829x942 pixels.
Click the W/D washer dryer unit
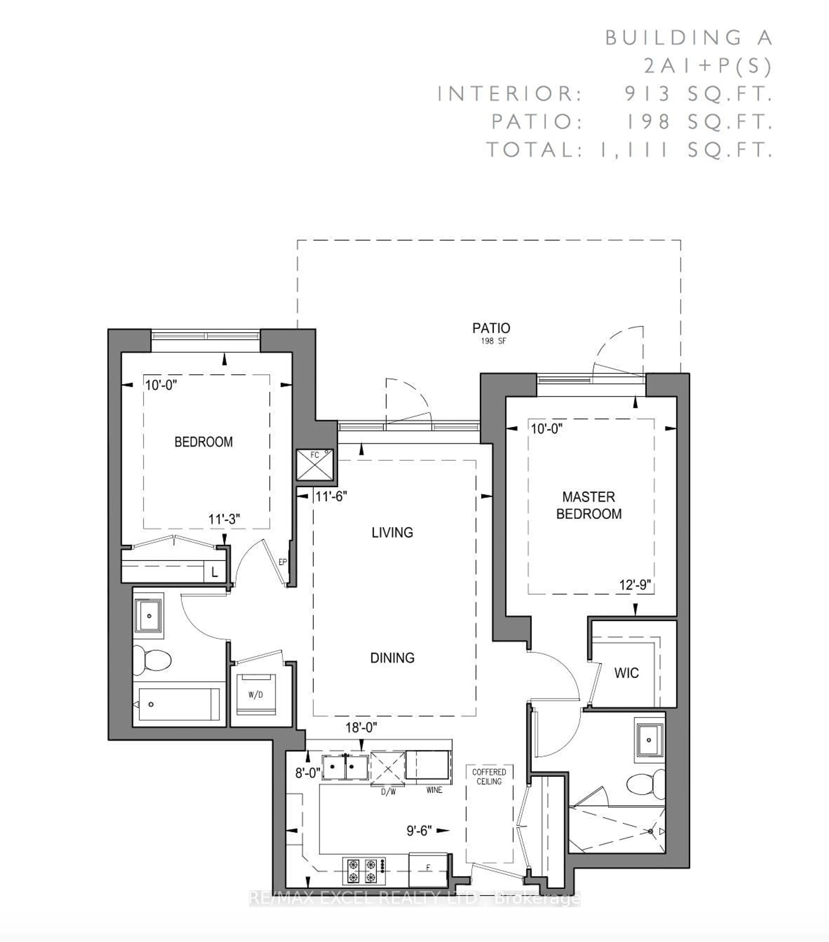[256, 695]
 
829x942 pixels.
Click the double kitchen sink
[345, 767]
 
